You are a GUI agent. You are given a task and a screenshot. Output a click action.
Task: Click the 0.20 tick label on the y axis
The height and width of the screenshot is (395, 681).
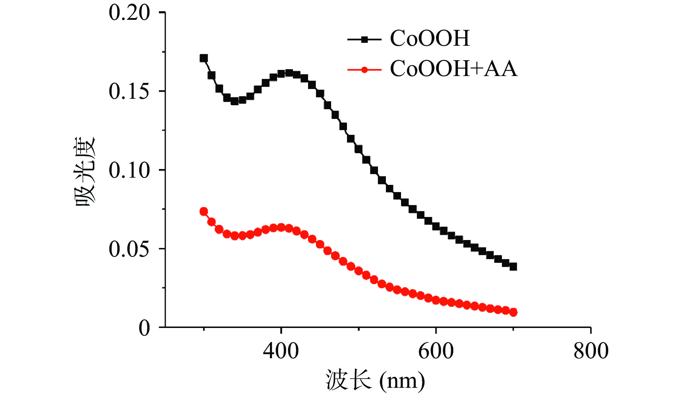click(x=129, y=13)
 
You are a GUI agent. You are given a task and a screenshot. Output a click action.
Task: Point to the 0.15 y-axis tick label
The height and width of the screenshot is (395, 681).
click(x=129, y=91)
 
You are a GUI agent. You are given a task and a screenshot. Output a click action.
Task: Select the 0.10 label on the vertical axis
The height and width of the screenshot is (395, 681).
click(x=129, y=170)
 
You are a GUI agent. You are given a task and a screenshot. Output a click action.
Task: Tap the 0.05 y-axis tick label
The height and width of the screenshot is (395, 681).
click(x=129, y=249)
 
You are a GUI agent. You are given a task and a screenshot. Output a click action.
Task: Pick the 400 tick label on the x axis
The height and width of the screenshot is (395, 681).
click(x=281, y=351)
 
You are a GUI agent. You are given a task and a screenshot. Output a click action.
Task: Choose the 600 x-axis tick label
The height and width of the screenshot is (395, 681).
click(x=436, y=351)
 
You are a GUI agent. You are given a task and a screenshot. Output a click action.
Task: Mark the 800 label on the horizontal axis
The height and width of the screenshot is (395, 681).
click(x=591, y=351)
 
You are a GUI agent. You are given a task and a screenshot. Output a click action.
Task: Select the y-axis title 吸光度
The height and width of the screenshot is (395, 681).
click(x=85, y=172)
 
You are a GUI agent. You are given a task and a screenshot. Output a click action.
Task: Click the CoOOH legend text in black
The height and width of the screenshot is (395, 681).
click(x=430, y=38)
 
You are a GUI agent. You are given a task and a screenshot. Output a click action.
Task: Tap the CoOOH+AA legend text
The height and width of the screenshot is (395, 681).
click(x=453, y=68)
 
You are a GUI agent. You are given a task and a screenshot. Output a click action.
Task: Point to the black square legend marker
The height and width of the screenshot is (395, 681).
click(x=364, y=40)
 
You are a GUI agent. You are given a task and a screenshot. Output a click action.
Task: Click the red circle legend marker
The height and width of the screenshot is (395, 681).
click(x=364, y=70)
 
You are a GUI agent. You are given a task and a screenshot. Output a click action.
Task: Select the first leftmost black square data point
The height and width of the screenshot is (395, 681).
click(x=204, y=58)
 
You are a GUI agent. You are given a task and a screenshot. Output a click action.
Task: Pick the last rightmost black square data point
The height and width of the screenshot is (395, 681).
click(x=513, y=267)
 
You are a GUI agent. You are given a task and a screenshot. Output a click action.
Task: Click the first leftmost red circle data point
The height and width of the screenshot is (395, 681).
click(x=204, y=212)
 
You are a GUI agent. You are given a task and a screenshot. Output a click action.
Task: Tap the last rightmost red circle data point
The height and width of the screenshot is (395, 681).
click(x=513, y=312)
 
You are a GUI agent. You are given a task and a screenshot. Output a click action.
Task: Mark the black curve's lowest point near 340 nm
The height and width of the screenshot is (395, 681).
click(x=235, y=101)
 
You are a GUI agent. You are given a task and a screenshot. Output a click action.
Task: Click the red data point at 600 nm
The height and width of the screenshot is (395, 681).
click(x=436, y=300)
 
